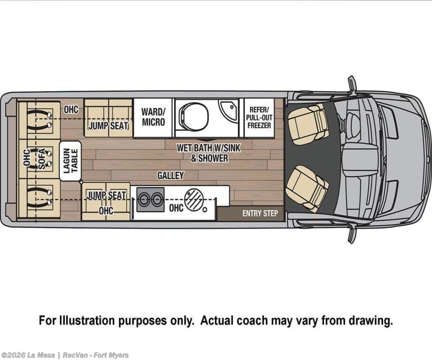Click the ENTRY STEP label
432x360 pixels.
(260, 214)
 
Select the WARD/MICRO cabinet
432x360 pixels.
(153, 117)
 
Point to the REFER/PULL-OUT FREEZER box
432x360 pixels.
(259, 117)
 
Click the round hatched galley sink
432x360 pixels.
(193, 199)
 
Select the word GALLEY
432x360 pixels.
(170, 176)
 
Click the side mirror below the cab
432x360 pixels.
(352, 233)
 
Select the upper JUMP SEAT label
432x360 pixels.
(108, 125)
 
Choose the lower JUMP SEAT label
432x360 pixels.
(107, 195)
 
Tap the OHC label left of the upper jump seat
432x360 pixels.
(71, 110)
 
